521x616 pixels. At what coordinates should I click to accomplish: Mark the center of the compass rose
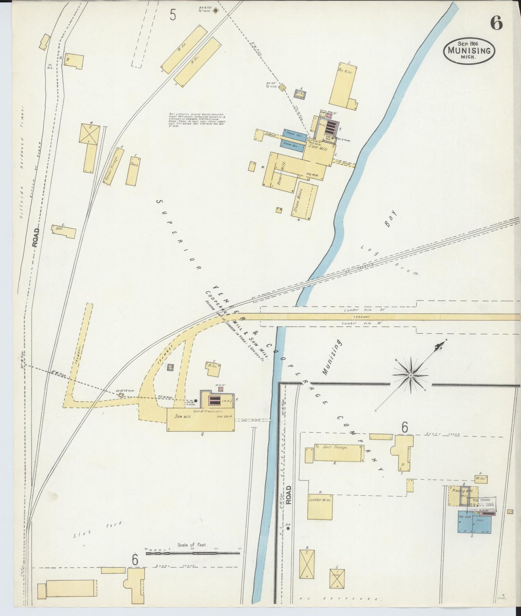pos(411,375)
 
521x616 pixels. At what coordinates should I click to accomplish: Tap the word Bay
pos(390,219)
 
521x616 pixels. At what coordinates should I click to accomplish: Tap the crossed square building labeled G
pos(337,579)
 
